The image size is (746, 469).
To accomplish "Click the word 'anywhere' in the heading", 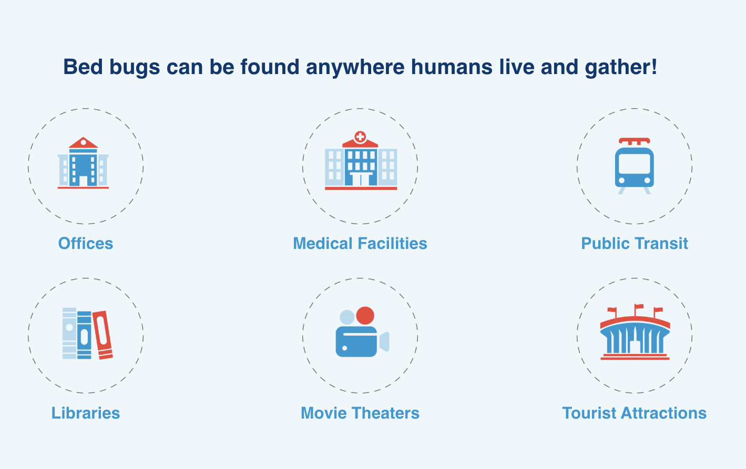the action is coord(355,68).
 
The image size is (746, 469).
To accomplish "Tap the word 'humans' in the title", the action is coord(452,67).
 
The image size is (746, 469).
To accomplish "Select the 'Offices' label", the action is coord(86,243).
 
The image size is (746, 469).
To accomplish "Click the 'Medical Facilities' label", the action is coord(360,243).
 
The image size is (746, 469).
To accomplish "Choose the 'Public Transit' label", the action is coord(635,243).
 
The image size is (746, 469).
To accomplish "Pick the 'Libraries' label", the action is coord(86,413).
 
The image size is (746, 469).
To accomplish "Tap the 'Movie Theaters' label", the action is coord(360,413).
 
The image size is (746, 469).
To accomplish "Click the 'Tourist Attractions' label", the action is coord(635,413).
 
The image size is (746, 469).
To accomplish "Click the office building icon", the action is coord(83,163).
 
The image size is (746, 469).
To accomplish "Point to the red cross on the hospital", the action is coord(360,137).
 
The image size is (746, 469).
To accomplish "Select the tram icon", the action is coord(635,165).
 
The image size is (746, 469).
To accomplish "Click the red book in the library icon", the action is coord(103,335).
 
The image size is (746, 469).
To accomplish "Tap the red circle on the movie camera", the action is coord(365,315).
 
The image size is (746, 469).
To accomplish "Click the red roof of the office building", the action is coord(83,142).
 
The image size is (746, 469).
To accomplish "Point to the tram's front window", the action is coord(635,164).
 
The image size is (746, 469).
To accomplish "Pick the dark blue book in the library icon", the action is coord(84,335).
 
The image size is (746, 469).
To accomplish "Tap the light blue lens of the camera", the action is coord(384,341).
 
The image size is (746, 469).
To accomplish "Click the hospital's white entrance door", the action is coord(361,180).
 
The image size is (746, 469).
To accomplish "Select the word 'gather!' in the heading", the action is coord(621,68).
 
